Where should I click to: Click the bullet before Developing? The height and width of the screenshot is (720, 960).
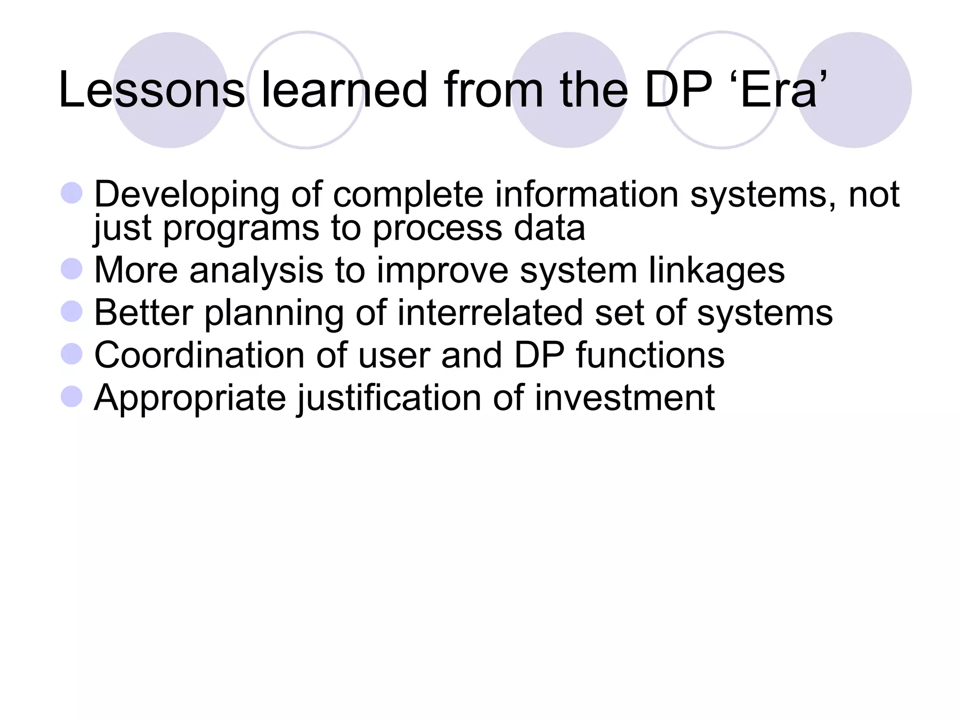72,193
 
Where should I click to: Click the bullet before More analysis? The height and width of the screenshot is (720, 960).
72,270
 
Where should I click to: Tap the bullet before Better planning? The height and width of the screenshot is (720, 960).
72,312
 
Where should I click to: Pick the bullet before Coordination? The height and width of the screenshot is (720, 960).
72,354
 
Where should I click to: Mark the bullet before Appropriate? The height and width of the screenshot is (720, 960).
72,397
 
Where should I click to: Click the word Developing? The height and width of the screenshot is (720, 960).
187,195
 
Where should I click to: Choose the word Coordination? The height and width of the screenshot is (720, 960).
199,355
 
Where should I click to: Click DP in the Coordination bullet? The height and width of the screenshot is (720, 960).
539,355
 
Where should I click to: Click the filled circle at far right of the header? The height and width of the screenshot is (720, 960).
854,90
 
